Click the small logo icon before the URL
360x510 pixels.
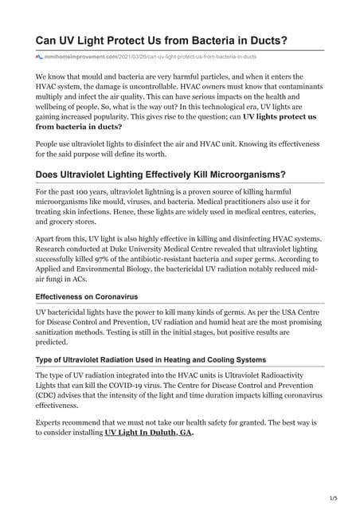point(39,57)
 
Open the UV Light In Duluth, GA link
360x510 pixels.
point(149,433)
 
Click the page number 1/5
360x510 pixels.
point(333,498)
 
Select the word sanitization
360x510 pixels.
point(61,329)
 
